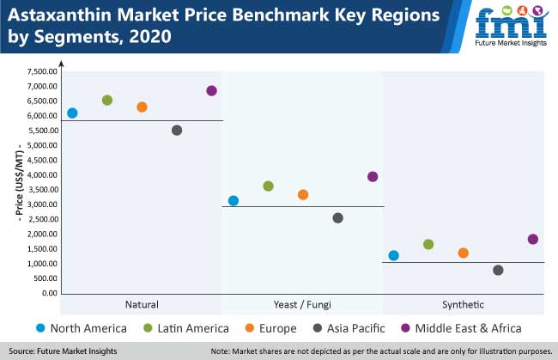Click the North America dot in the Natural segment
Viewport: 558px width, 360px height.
pyautogui.click(x=72, y=113)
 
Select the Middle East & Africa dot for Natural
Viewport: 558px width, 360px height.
pyautogui.click(x=212, y=91)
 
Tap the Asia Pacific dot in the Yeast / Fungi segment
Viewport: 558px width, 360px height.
pyautogui.click(x=337, y=218)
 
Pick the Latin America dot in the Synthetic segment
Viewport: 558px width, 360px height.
pyautogui.click(x=428, y=245)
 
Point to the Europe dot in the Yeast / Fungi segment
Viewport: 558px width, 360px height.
pyautogui.click(x=303, y=195)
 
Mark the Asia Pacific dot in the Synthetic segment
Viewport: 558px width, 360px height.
pyautogui.click(x=498, y=271)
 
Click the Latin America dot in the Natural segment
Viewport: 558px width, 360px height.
pyautogui.click(x=107, y=101)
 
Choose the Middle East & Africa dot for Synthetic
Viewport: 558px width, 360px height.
pyautogui.click(x=533, y=240)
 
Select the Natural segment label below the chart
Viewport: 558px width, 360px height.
pyautogui.click(x=142, y=305)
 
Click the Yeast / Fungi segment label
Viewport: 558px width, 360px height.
pyautogui.click(x=303, y=305)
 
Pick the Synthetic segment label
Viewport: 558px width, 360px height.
pyautogui.click(x=464, y=305)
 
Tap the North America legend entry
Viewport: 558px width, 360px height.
pyautogui.click(x=82, y=328)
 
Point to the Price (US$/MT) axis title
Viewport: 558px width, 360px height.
pyautogui.click(x=19, y=182)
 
